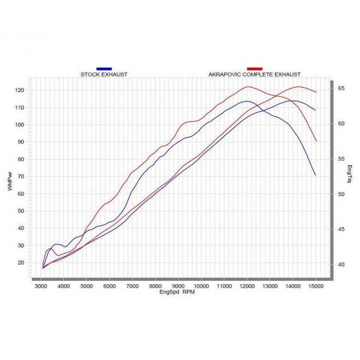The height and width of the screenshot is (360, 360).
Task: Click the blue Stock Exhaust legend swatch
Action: (x=104, y=69)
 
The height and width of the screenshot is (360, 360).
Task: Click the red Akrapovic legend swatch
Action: (x=254, y=69)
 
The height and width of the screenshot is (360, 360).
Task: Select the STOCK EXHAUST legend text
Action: (x=104, y=74)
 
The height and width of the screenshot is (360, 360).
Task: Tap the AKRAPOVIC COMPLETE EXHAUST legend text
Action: (x=254, y=74)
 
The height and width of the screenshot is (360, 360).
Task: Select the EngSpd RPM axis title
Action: (x=177, y=292)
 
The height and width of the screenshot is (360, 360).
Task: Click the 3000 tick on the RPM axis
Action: (x=40, y=286)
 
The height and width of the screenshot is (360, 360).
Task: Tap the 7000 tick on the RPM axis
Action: (x=133, y=286)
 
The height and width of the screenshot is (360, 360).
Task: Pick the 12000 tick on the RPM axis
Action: (x=247, y=286)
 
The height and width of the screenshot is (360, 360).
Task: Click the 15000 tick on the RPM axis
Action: (x=316, y=286)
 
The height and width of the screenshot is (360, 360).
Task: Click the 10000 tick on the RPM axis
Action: (x=201, y=286)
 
